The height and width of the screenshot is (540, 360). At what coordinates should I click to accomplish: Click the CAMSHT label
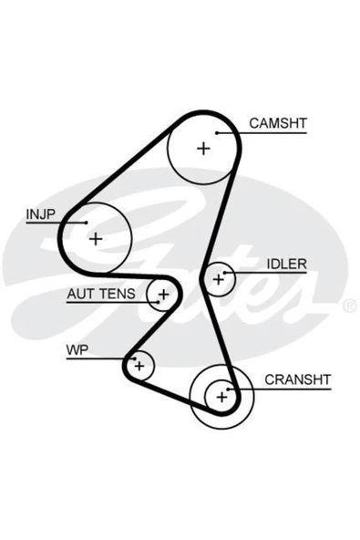(x=278, y=123)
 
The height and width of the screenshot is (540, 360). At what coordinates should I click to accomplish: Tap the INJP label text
(x=41, y=214)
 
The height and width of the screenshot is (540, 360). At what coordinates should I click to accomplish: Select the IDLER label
(x=287, y=265)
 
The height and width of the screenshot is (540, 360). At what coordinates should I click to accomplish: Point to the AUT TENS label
(x=101, y=294)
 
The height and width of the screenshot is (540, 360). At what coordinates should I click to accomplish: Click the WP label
(x=77, y=350)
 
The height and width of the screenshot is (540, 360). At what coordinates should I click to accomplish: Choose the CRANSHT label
(x=298, y=379)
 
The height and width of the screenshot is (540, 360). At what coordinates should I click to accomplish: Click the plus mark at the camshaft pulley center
(x=203, y=149)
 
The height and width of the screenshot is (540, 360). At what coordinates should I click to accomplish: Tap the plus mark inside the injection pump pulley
(x=96, y=239)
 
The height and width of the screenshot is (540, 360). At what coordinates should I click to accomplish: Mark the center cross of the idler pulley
(x=219, y=279)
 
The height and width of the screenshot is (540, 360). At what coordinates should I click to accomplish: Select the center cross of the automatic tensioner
(x=164, y=295)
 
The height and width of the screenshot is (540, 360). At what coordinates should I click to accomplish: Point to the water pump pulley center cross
(x=139, y=366)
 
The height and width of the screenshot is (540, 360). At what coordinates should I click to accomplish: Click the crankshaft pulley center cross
(x=222, y=397)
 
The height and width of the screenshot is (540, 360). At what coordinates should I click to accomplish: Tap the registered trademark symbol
(x=350, y=306)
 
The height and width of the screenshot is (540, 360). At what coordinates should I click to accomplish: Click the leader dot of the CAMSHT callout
(x=217, y=133)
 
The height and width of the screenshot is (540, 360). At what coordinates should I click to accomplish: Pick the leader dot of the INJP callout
(x=87, y=223)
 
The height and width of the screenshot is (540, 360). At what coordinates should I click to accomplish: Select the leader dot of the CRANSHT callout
(x=228, y=389)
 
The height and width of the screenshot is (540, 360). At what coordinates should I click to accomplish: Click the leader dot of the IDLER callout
(x=224, y=273)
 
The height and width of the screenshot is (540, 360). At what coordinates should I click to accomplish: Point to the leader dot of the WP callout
(x=135, y=358)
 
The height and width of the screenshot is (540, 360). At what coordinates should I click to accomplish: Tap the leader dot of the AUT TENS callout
(x=158, y=302)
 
